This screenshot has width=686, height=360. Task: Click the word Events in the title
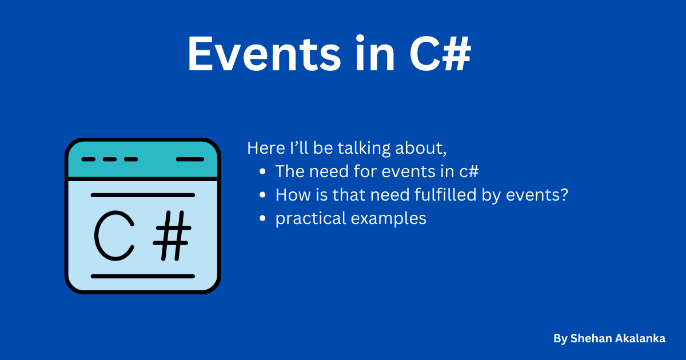click(x=264, y=54)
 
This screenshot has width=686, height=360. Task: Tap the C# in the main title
click(x=440, y=54)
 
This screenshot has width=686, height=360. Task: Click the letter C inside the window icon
click(x=114, y=235)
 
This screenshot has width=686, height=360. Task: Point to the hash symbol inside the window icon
click(x=172, y=235)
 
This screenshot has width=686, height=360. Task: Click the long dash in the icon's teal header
click(x=190, y=159)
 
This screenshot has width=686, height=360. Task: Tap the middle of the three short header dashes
click(x=110, y=159)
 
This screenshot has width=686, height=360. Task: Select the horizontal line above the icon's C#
click(x=143, y=195)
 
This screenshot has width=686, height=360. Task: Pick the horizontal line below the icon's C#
click(x=143, y=277)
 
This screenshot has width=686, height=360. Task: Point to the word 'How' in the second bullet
click(x=293, y=195)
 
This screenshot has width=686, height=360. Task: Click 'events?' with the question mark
click(x=537, y=195)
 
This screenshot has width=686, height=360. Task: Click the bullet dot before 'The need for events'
click(x=262, y=171)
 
